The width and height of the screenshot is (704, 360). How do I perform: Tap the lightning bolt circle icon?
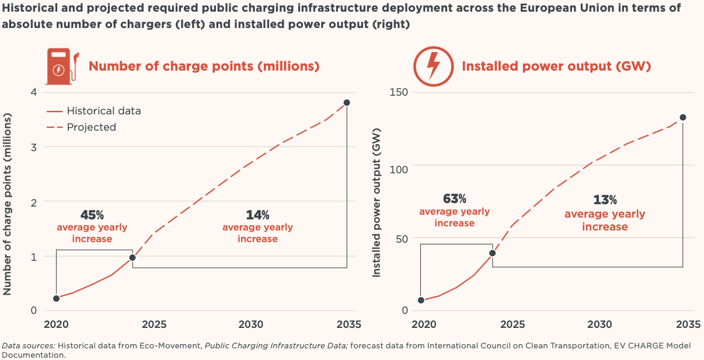tap(433, 65)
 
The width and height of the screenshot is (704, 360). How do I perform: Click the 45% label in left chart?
tap(92, 215)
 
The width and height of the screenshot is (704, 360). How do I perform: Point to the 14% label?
tap(257, 215)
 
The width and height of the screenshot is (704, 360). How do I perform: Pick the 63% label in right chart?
tap(454, 199)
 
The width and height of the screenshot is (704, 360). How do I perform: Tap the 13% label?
tap(605, 200)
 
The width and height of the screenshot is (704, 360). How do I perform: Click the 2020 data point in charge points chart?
tap(57, 298)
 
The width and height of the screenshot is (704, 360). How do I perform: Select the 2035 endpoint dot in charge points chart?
tap(347, 103)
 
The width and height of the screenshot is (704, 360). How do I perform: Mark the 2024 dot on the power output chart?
tap(493, 253)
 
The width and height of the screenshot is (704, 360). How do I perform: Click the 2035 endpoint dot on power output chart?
tap(683, 117)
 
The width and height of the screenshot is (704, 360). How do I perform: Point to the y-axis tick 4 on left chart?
tap(33, 92)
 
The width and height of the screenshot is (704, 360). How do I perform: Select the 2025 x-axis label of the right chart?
tap(513, 325)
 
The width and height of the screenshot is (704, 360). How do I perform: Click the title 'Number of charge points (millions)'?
tap(204, 66)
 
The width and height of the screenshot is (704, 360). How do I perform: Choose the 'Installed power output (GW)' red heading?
tap(556, 66)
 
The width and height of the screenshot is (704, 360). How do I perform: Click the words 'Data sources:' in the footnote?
tap(29, 345)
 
